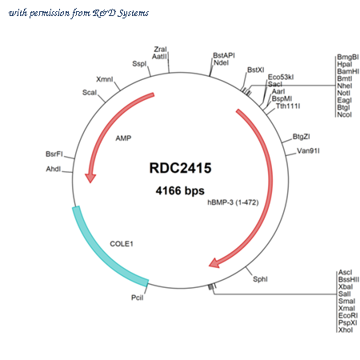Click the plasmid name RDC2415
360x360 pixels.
180,168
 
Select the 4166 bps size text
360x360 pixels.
180,190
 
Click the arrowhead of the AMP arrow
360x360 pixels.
90,178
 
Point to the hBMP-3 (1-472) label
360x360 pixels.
233,202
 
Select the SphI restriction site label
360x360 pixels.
260,279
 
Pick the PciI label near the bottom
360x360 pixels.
138,298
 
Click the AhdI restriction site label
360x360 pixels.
54,169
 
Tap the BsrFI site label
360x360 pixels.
54,154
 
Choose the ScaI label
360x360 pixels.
90,93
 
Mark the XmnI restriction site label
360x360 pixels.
105,79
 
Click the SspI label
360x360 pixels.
139,64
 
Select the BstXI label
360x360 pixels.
256,70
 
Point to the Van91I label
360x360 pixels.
308,151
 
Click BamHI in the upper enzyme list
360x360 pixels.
348,71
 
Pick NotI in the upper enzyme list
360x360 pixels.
343,93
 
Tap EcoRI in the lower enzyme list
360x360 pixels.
348,316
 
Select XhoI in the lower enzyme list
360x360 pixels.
346,330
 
